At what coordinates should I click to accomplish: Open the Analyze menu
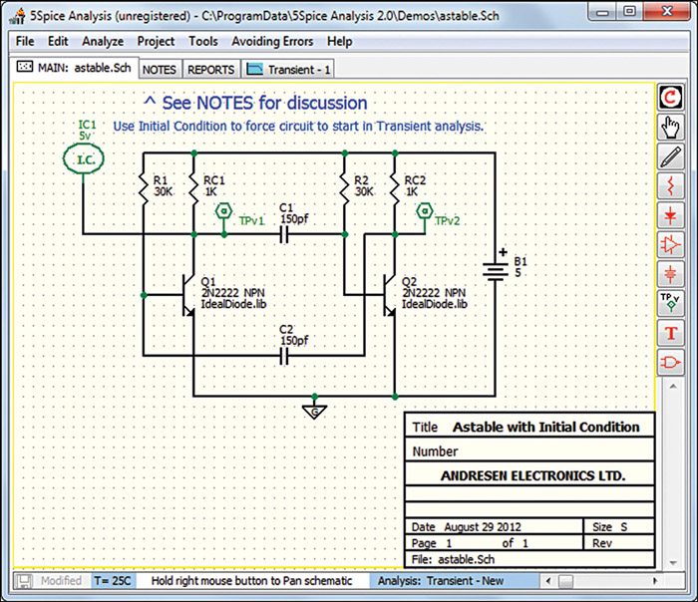pyautogui.click(x=103, y=42)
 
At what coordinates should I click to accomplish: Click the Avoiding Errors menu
pyautogui.click(x=272, y=42)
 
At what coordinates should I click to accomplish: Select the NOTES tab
pyautogui.click(x=160, y=70)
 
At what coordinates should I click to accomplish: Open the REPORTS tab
pyautogui.click(x=211, y=70)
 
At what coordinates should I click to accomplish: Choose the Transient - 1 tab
pyautogui.click(x=289, y=70)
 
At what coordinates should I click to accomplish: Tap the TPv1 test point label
pyautogui.click(x=251, y=221)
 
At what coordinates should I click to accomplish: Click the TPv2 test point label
pyautogui.click(x=447, y=221)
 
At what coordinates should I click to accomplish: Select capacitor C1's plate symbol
pyautogui.click(x=286, y=235)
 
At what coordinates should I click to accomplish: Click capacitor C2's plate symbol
pyautogui.click(x=286, y=355)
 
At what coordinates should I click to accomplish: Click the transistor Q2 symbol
pyautogui.click(x=387, y=295)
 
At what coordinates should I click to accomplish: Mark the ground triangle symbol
pyautogui.click(x=315, y=410)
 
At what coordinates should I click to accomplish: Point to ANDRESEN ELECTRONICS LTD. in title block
pyautogui.click(x=533, y=476)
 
